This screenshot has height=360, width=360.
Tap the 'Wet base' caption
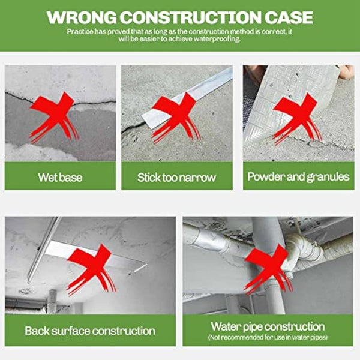60,177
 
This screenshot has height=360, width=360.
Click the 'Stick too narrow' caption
176,177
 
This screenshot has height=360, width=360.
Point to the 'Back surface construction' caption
90,331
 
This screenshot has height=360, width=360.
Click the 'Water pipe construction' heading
268,326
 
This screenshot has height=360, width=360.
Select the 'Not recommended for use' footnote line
268,337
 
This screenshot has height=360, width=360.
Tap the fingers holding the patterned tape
346,72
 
